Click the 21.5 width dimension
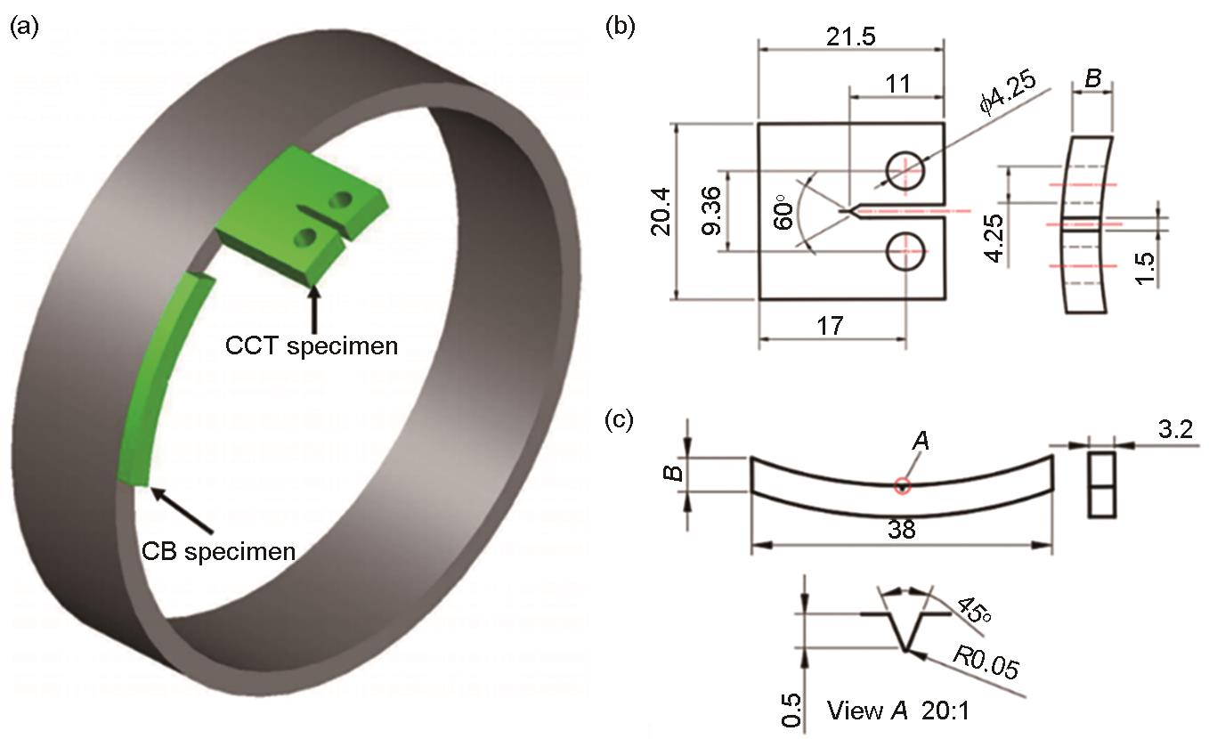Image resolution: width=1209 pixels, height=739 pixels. pos(850,37)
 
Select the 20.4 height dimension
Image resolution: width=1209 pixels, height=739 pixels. pos(661,212)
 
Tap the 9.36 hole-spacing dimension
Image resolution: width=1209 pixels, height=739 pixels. pos(711,210)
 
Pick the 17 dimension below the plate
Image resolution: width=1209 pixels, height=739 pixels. pos(830,326)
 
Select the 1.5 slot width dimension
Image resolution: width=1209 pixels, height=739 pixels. pos(1144,268)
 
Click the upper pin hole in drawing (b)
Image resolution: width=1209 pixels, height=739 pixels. pos(905,171)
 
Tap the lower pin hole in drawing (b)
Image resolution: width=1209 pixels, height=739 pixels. pos(905,251)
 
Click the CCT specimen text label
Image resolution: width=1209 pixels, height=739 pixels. pos(312,346)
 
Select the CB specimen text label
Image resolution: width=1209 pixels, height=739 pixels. pos(219,552)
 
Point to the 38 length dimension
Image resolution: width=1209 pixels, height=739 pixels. pos(901,530)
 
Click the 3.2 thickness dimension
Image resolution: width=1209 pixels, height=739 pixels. pos(1175,430)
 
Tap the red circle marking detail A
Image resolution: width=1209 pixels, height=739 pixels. pos(903,486)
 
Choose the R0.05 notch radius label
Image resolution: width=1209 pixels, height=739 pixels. pos(986,662)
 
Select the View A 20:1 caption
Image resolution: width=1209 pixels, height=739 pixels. pos(898,711)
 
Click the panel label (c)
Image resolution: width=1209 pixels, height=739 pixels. pos(619,419)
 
